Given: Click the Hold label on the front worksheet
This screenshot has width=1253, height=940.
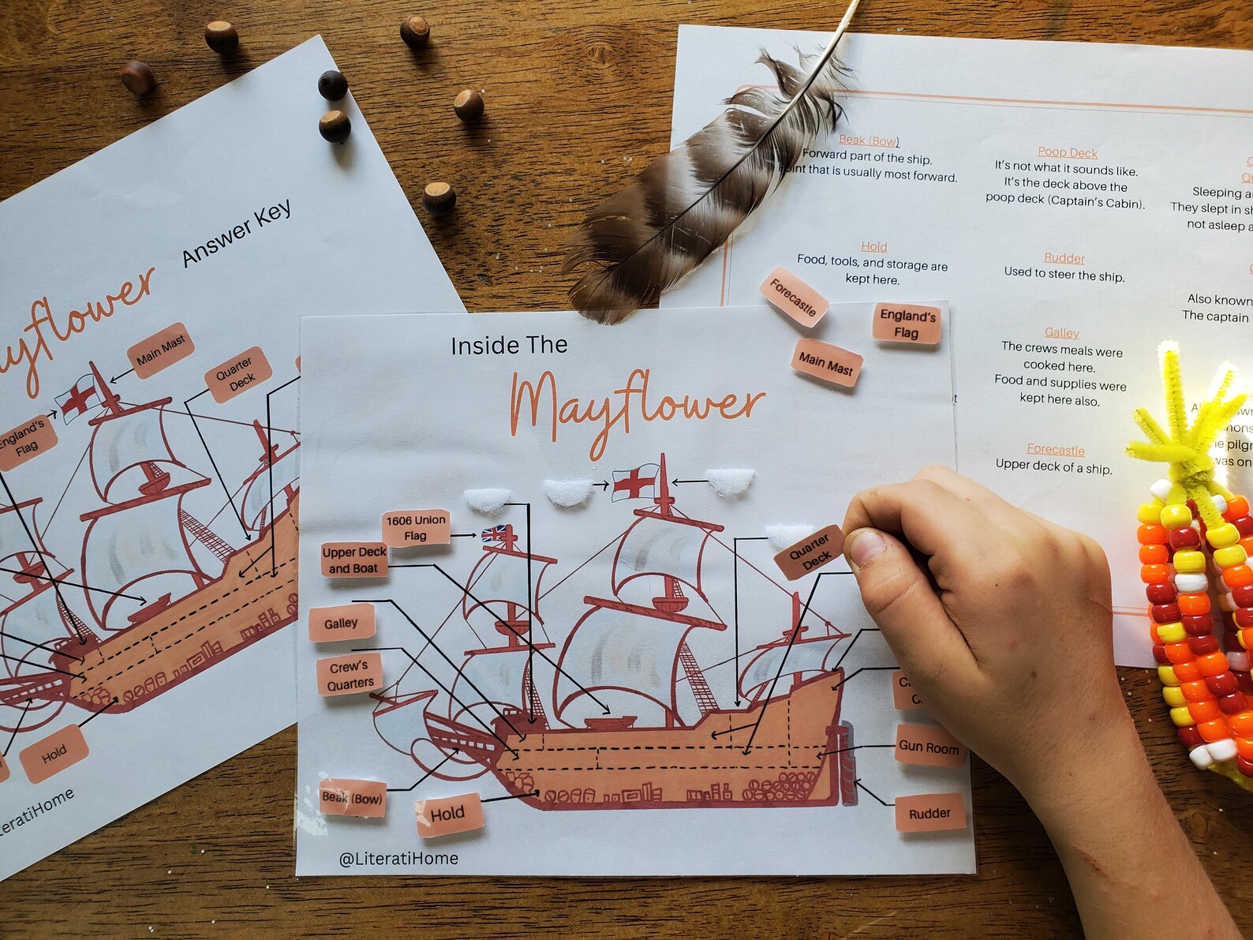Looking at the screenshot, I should point(448,814).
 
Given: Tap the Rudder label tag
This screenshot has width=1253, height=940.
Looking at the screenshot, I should point(929,813).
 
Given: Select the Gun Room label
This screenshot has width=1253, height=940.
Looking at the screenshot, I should point(929,747).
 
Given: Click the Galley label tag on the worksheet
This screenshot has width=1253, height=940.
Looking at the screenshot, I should point(341,624).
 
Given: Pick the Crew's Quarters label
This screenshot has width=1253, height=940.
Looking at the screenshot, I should point(350,676).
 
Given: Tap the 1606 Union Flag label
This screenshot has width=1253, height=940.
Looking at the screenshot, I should point(416,527).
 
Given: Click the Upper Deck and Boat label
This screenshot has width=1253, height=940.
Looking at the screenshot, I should point(354,560).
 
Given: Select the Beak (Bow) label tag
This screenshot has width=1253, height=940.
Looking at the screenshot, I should point(352,798).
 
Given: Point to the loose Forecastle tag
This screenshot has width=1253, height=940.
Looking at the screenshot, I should point(793,298).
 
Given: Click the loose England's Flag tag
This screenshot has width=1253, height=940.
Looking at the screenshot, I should point(907,324).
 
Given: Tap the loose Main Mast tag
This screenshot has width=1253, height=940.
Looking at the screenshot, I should point(825,363).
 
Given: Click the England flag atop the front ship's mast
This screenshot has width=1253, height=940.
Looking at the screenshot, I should point(635,481).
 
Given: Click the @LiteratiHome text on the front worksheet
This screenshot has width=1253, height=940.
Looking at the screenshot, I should point(398,858).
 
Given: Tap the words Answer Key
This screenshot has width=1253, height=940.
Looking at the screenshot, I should point(237,233).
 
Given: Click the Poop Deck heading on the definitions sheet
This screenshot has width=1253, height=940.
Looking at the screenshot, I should point(1068,152).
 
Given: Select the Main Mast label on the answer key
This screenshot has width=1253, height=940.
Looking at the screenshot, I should point(160,350).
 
